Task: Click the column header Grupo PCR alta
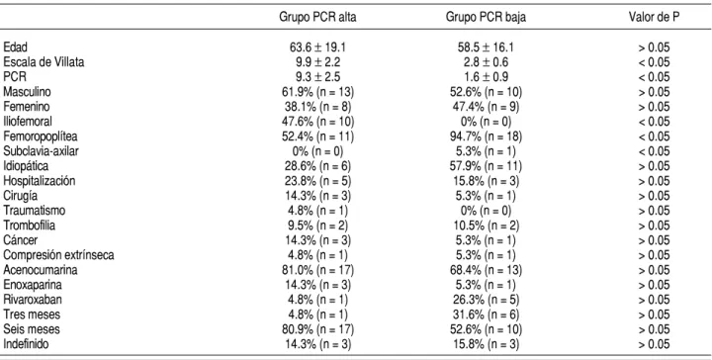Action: pos(317,17)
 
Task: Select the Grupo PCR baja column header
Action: pos(486,17)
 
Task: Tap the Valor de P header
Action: pos(654,17)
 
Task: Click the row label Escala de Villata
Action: pos(44,62)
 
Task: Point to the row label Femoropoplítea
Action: pos(41,136)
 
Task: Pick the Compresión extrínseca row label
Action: pos(58,255)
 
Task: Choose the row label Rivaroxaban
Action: pos(33,300)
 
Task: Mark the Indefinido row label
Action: pos(26,344)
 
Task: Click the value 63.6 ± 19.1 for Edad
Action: pos(317,47)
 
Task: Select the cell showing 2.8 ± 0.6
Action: pos(486,62)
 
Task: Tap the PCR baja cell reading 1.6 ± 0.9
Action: pos(486,77)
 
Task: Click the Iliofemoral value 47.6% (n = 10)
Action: pos(317,122)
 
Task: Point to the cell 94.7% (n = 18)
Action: pos(486,136)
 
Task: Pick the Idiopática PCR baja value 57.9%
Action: pos(486,166)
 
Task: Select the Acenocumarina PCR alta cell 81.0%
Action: pos(317,270)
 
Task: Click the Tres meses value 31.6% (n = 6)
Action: pos(486,315)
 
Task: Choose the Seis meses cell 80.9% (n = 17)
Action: pos(317,329)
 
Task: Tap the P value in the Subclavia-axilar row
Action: pos(654,151)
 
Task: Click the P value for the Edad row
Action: pos(654,47)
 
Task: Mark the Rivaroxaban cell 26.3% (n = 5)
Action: pos(486,300)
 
